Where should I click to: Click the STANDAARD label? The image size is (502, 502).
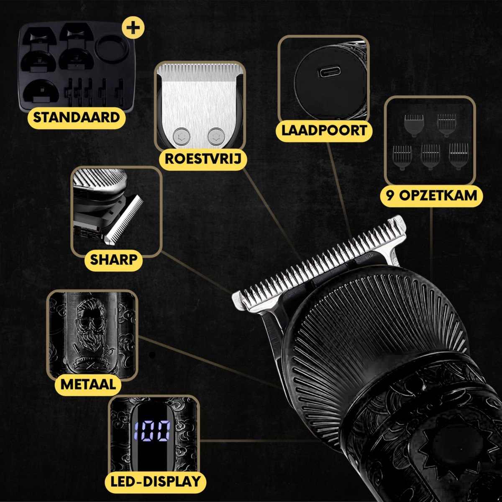point(76,117)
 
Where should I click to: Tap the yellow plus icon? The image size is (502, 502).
point(133,28)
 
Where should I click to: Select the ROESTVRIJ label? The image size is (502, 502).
point(203,159)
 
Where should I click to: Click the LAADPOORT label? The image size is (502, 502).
point(324,131)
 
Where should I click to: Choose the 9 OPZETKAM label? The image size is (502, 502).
point(431,195)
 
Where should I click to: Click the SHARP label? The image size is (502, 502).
point(114,259)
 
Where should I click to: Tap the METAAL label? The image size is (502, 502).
point(88,384)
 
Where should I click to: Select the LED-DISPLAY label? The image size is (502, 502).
point(156,482)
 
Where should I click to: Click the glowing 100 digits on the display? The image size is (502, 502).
point(152,432)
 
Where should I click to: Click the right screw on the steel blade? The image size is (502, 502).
point(216,136)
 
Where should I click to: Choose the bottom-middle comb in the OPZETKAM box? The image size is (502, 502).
point(430,157)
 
